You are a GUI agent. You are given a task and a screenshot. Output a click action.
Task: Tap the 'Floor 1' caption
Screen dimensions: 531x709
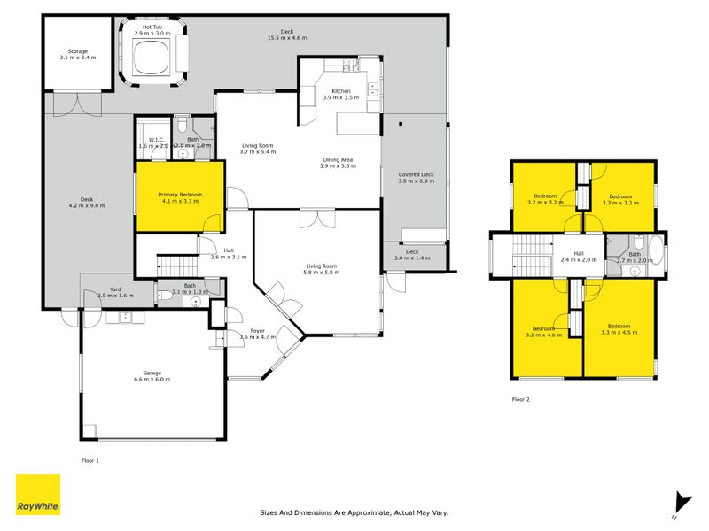pos(90,460)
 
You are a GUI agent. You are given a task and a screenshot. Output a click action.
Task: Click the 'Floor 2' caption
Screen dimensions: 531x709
pos(520,399)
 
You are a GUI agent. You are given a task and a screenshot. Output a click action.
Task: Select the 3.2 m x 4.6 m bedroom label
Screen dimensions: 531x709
pos(545,330)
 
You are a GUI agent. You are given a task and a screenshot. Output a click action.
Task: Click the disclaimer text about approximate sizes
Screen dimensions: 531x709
pos(354,512)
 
